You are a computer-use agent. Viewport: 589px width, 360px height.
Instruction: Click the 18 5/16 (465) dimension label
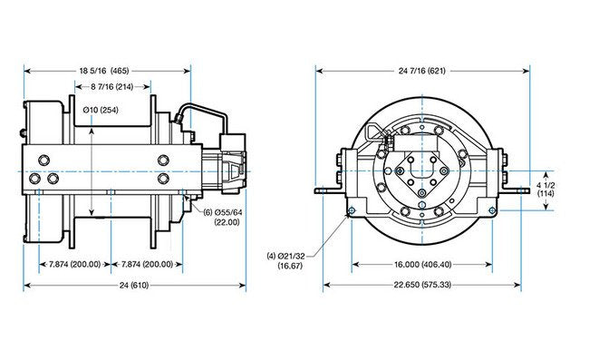click(x=104, y=71)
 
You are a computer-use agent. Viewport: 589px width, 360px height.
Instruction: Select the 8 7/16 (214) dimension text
click(x=112, y=87)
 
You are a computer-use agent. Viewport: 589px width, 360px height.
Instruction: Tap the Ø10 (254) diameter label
click(x=101, y=110)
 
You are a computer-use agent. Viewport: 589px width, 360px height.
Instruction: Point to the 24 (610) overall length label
click(x=134, y=286)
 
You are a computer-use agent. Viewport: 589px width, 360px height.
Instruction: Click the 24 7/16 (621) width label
click(x=422, y=71)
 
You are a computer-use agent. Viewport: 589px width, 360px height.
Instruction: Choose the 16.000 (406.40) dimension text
click(x=422, y=265)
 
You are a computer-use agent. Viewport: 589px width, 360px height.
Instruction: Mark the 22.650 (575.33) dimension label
click(x=422, y=285)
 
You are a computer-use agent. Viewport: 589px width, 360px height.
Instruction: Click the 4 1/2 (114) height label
click(x=546, y=190)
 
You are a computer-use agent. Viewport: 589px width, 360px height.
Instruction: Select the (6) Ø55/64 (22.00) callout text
click(x=223, y=218)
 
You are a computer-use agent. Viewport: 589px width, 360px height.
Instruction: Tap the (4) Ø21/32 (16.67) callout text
click(x=286, y=261)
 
